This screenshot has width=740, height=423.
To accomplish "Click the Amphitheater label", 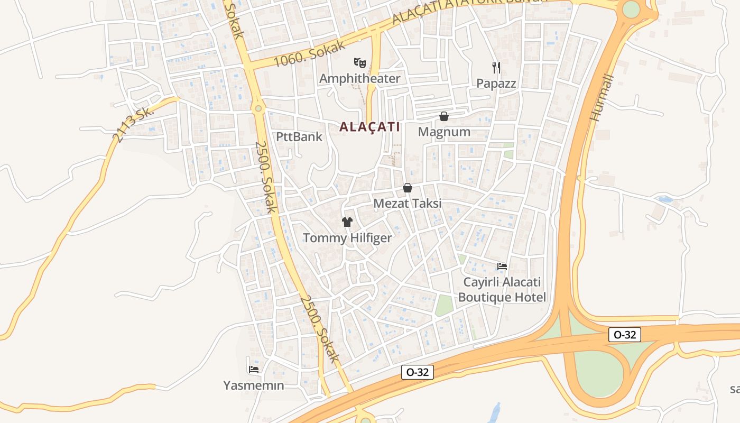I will click(359, 79).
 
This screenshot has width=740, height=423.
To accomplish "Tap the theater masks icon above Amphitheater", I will click(360, 63).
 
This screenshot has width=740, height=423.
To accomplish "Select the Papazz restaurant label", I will click(496, 83).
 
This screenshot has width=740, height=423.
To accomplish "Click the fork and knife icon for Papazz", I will click(496, 67).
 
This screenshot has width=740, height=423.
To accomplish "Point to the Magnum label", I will click(444, 132).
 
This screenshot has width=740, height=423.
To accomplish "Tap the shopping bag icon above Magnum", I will click(444, 116).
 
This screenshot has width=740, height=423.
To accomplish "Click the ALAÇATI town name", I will click(369, 127).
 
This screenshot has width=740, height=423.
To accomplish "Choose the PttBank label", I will click(299, 137).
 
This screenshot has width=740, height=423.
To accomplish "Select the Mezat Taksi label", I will click(407, 204).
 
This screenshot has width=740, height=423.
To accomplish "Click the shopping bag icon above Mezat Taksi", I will click(408, 188).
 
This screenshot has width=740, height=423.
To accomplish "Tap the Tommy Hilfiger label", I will click(347, 238).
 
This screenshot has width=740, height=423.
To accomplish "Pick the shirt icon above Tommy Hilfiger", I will click(347, 222).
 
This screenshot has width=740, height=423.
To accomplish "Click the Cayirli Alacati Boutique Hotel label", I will click(502, 289).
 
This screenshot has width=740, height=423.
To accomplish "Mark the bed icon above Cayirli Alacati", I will click(502, 266).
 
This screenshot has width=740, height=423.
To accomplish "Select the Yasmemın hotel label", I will click(254, 385).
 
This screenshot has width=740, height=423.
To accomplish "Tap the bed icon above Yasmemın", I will click(254, 369).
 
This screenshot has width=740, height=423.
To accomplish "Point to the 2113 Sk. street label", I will click(133, 124).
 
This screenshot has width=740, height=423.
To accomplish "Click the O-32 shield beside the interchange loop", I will click(625, 335).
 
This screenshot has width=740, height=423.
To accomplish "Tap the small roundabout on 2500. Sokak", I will click(258, 108).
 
